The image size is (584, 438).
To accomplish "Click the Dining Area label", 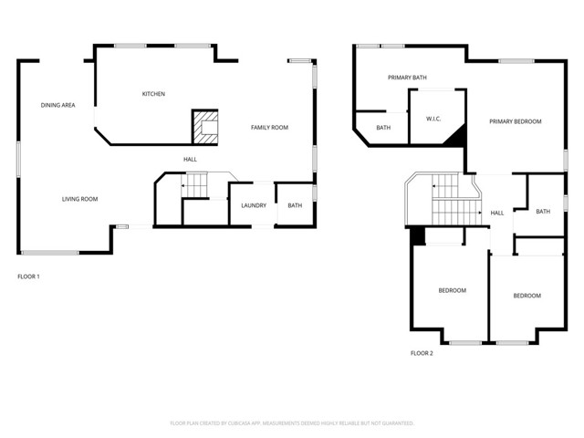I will click(57, 106).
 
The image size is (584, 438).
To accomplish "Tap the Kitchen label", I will click(153, 94).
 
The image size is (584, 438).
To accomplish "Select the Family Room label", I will click(269, 128).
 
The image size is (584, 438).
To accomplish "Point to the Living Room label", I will click(79, 199).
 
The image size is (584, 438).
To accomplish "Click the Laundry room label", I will click(254, 205).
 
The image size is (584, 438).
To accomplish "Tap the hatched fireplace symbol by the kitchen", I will click(205, 127).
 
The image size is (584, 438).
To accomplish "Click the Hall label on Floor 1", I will click(190, 160).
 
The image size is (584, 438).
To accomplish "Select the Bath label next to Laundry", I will click(295, 205).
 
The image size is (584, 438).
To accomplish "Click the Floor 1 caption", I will click(29, 276).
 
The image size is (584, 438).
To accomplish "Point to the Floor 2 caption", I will click(422, 353).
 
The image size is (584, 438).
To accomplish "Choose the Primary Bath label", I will click(407, 78).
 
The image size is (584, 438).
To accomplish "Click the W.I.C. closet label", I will click(434, 119).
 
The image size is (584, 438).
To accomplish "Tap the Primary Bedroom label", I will click(515, 121).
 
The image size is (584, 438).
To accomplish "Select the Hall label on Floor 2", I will click(497, 214).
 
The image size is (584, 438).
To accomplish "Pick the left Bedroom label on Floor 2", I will click(452, 290).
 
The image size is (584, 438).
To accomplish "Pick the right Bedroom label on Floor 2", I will click(527, 296).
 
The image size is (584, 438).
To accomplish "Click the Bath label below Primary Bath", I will click(383, 128).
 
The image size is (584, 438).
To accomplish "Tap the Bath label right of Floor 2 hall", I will click(543, 212).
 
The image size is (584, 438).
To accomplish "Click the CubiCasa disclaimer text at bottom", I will click(292, 423).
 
